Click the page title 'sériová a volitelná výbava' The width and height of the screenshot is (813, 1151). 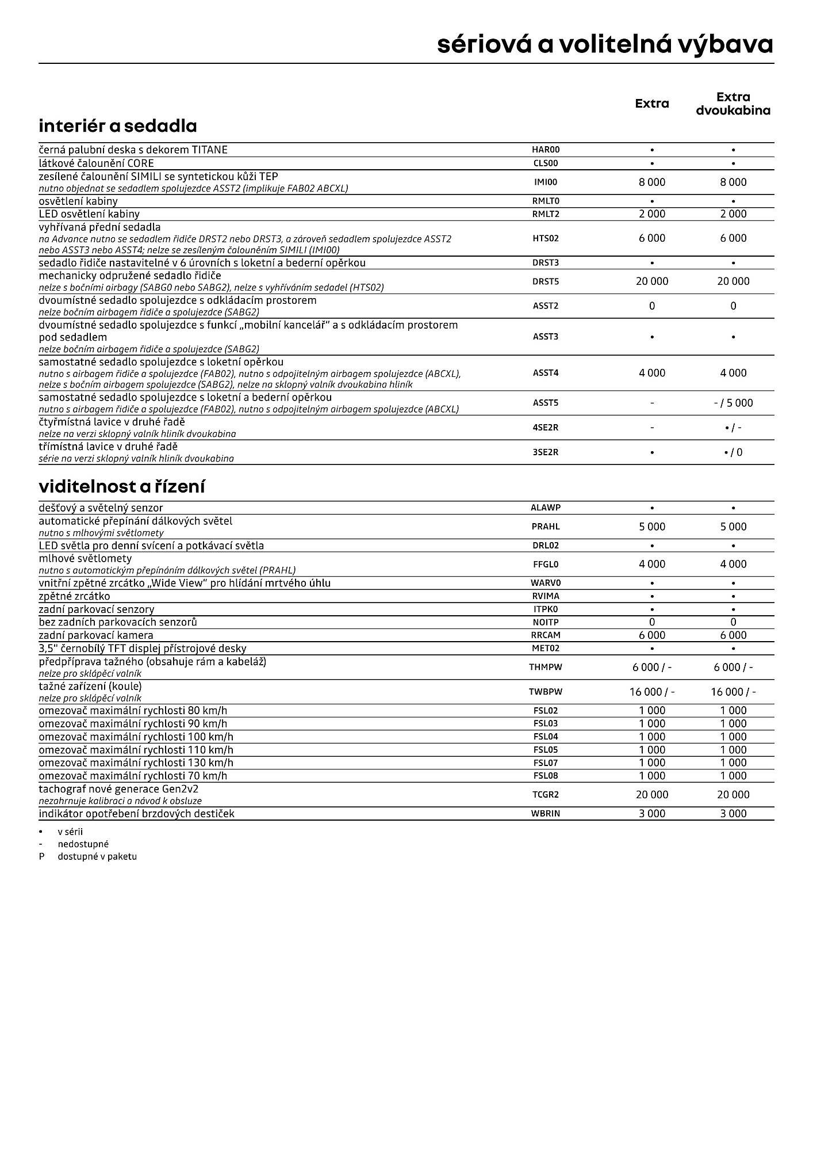[x=605, y=44]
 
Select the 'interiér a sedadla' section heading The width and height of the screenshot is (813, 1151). [x=118, y=125]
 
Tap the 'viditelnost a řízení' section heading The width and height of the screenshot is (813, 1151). [x=122, y=486]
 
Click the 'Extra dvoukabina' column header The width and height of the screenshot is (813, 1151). [x=733, y=104]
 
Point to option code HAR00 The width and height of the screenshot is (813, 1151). [x=546, y=150]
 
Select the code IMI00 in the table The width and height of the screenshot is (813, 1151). [x=546, y=182]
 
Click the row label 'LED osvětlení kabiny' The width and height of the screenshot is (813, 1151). [x=89, y=214]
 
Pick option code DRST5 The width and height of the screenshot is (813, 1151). [x=546, y=281]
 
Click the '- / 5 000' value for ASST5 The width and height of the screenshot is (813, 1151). [x=733, y=403]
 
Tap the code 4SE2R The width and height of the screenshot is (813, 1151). [x=546, y=428]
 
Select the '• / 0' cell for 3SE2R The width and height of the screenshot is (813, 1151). [x=733, y=452]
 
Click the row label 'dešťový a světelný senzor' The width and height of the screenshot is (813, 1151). [x=101, y=508]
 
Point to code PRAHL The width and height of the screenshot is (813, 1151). [x=546, y=527]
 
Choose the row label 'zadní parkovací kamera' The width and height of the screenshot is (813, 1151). [x=96, y=635]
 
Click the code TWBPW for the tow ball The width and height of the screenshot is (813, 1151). [x=546, y=692]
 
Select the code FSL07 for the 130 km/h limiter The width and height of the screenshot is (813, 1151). [x=546, y=763]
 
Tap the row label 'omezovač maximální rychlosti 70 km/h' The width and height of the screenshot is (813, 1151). [x=133, y=776]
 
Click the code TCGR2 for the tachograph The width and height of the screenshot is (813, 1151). [x=546, y=795]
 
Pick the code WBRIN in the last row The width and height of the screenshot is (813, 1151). [x=546, y=814]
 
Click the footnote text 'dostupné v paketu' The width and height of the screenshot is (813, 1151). [x=97, y=856]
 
